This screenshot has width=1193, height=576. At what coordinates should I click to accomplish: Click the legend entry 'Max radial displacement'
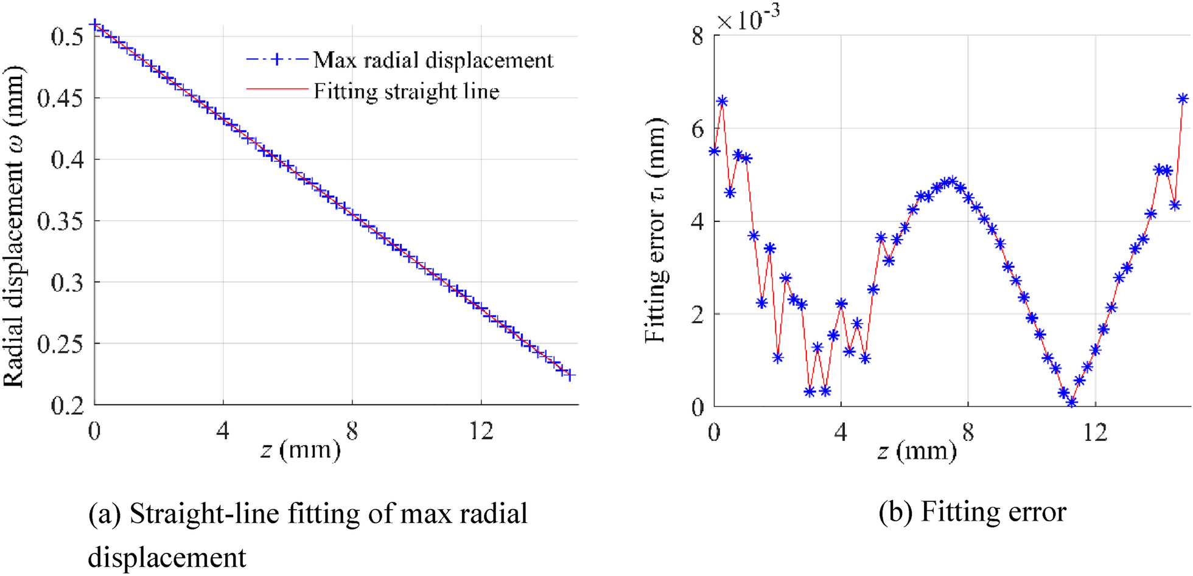[x=433, y=60]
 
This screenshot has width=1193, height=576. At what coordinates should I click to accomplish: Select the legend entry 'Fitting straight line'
[x=406, y=92]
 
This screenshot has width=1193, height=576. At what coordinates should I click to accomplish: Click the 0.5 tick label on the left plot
[x=66, y=36]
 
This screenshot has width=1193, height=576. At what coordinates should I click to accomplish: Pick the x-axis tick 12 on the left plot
[x=481, y=431]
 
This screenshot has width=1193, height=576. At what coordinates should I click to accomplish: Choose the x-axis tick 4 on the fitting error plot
[x=841, y=432]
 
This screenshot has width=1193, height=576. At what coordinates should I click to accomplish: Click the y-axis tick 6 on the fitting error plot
[x=697, y=129]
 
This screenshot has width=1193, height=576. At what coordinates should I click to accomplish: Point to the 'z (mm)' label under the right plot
[x=917, y=451]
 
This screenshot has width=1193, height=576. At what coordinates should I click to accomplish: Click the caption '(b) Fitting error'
[x=972, y=512]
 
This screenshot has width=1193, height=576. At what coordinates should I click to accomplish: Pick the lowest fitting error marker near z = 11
[x=1071, y=402]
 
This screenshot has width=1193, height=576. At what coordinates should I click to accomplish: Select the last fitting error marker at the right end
[x=1183, y=99]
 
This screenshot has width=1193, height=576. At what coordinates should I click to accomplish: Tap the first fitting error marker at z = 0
[x=715, y=151]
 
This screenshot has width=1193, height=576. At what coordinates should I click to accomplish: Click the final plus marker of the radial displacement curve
[x=570, y=375]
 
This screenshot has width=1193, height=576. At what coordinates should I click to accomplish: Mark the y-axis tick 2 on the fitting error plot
[x=697, y=314]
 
